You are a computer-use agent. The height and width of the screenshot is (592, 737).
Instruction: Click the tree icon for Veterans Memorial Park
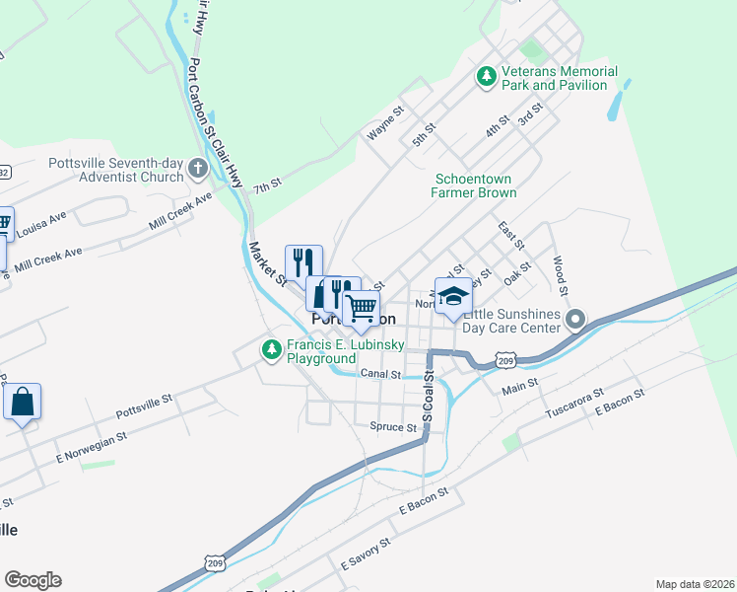[486, 76]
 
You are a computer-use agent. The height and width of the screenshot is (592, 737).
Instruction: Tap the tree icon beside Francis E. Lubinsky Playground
[271, 349]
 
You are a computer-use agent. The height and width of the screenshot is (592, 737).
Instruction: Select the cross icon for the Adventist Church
[197, 169]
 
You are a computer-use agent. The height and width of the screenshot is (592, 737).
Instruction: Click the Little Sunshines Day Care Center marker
[576, 319]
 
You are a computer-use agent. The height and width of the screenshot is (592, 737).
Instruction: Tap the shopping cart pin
[362, 308]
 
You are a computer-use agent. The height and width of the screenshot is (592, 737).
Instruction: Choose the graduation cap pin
[453, 296]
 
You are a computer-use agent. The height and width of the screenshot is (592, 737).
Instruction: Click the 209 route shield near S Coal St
[505, 362]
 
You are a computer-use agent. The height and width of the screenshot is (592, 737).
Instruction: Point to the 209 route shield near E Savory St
[215, 562]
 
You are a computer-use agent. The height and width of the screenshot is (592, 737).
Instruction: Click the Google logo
[33, 580]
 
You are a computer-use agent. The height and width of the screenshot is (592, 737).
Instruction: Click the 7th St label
[267, 185]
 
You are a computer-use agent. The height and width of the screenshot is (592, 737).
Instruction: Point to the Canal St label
[380, 375]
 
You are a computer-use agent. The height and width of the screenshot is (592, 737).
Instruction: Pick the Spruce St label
[393, 427]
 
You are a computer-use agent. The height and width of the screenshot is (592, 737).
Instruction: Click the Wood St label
[559, 275]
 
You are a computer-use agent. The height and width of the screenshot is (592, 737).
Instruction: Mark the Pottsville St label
[145, 401]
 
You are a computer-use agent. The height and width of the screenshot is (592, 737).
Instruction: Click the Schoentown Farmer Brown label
[476, 185]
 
